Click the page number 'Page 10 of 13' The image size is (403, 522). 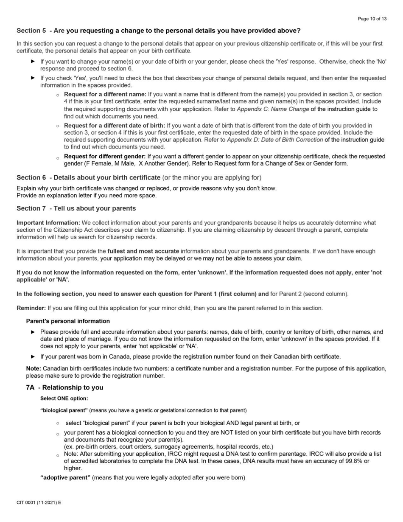(372, 19)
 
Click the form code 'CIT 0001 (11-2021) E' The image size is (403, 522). (39, 502)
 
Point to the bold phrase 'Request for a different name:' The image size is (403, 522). (105, 94)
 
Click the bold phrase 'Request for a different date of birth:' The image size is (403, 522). (115, 126)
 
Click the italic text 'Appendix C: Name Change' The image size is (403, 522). (273, 109)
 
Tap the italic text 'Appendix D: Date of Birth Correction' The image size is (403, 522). (275, 140)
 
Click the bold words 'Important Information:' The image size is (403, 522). (48, 223)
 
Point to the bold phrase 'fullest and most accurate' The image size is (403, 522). (143, 251)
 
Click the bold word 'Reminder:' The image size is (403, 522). (31, 308)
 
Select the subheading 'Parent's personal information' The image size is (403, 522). (68, 321)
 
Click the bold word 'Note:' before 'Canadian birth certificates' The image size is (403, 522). (34, 369)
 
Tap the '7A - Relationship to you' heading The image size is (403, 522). (64, 387)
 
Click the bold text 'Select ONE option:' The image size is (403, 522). (64, 399)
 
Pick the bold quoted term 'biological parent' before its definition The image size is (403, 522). (64, 410)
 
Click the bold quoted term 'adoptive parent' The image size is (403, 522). (65, 477)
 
